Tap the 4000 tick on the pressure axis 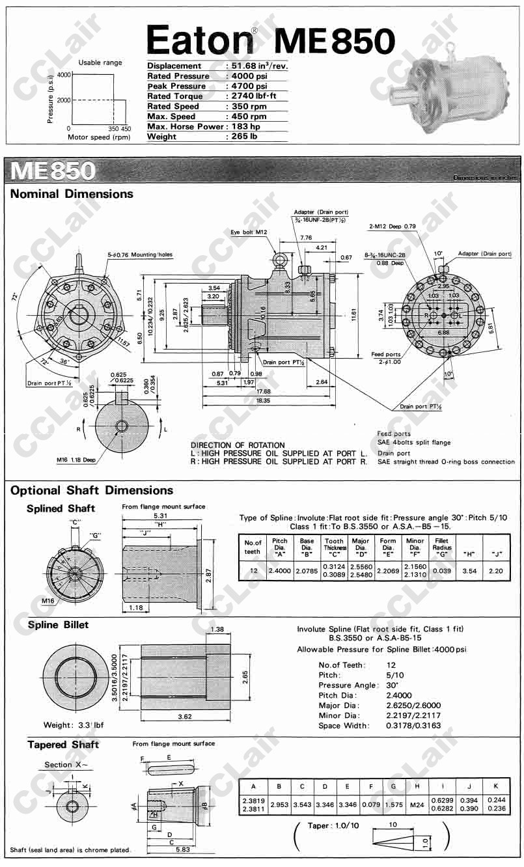[x=63, y=75]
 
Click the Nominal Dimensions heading [x=72, y=194]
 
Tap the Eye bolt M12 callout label [x=249, y=232]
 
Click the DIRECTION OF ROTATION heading [x=238, y=445]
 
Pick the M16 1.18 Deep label [x=77, y=460]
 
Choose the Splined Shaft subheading [x=61, y=508]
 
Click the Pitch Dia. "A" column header [x=280, y=545]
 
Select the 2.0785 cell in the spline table [x=307, y=571]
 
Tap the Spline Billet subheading [x=58, y=625]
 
